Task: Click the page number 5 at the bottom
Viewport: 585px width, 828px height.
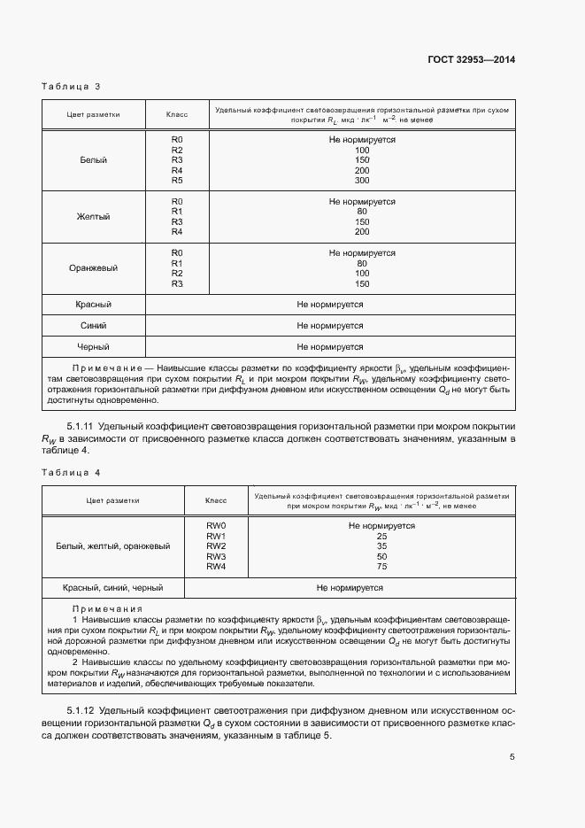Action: click(512, 756)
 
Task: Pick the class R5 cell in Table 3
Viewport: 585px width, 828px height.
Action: click(177, 181)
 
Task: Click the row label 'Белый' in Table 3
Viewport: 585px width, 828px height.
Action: click(93, 160)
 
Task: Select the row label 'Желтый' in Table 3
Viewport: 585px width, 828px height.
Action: click(93, 217)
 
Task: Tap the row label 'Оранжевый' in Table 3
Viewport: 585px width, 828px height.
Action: click(93, 268)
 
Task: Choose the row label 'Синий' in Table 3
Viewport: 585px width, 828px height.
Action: click(93, 325)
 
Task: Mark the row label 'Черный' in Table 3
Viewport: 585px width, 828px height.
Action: click(93, 347)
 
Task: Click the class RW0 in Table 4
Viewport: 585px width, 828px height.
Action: click(217, 526)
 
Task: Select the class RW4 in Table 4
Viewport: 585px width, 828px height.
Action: click(217, 566)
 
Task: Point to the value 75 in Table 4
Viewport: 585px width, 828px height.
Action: click(381, 566)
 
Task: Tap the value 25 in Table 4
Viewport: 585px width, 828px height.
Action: click(381, 536)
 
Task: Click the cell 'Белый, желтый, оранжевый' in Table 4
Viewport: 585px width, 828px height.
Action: click(115, 546)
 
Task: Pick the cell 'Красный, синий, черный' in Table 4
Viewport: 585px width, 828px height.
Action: click(115, 587)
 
